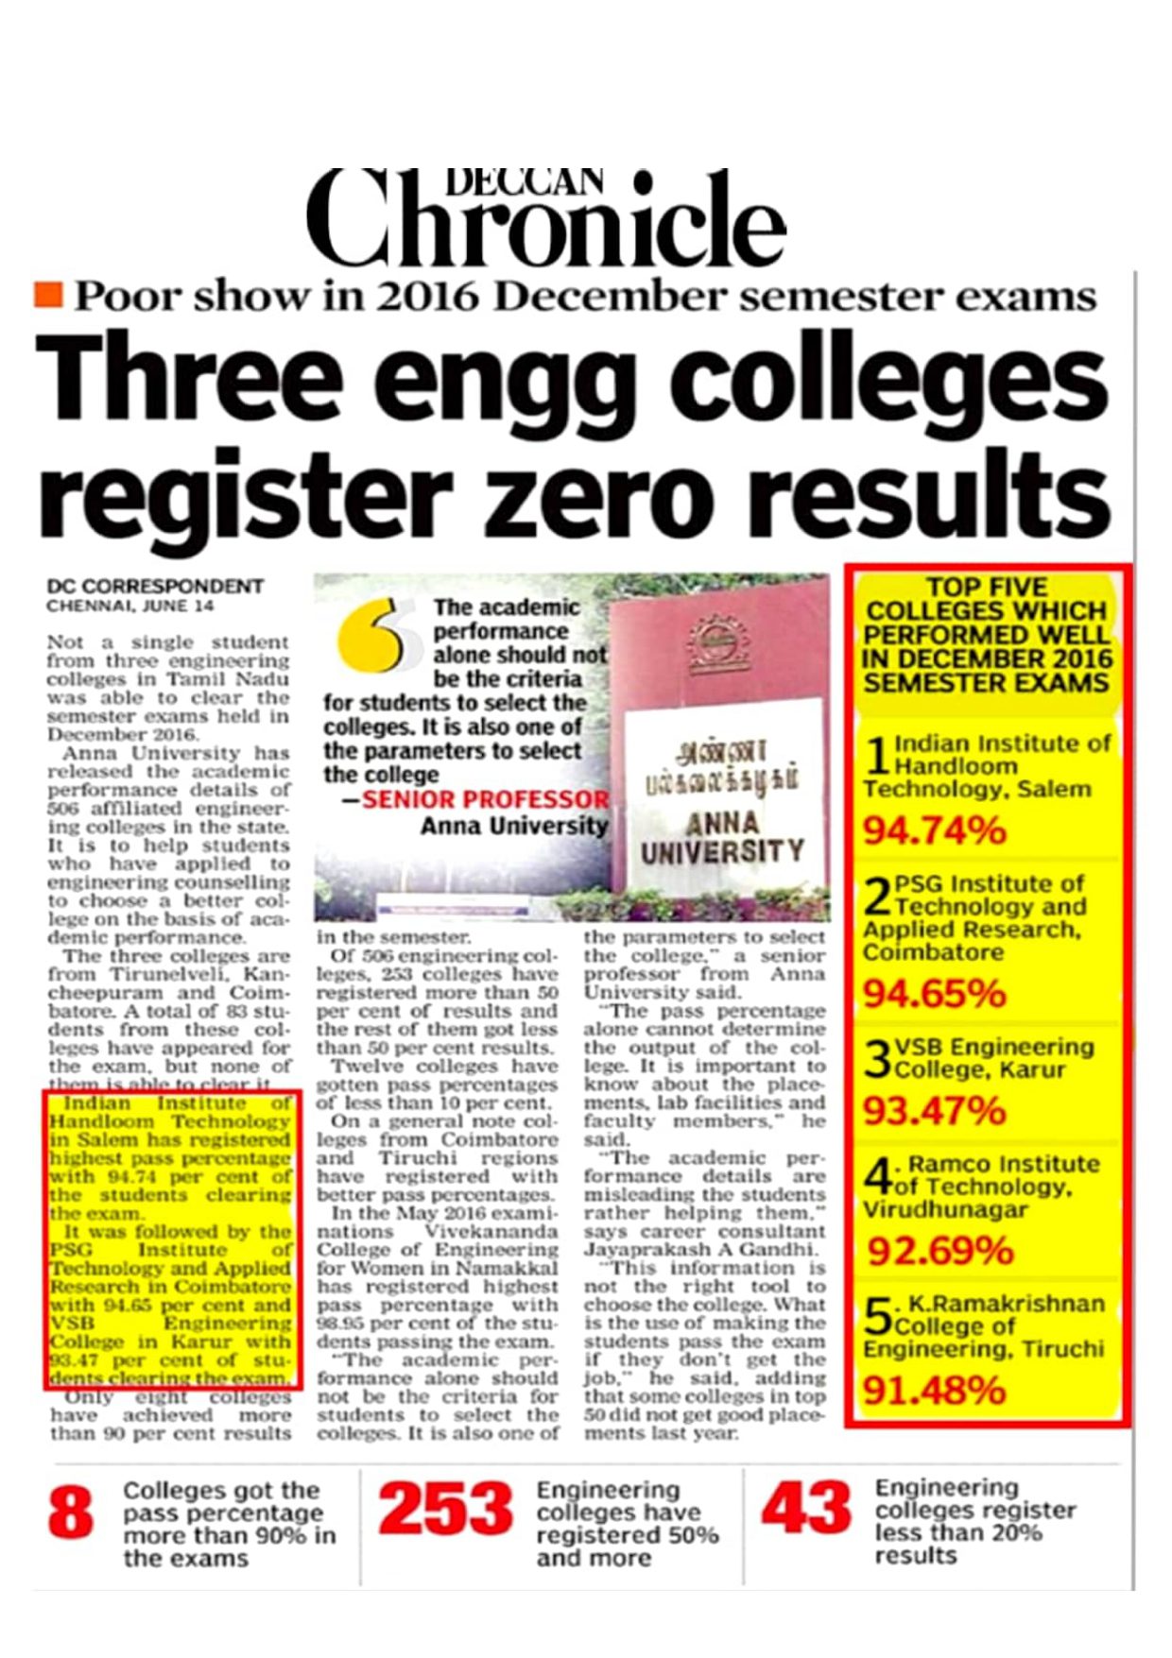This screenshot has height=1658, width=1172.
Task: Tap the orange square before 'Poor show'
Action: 47,295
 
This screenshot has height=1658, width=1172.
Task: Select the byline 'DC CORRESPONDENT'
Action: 155,586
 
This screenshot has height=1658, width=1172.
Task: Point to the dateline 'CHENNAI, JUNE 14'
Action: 130,606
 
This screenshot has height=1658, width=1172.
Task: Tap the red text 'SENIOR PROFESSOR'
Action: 486,799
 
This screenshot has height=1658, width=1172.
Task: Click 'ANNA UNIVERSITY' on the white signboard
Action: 721,837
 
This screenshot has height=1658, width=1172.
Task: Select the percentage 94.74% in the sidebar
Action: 934,831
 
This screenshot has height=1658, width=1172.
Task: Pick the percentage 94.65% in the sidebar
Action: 934,993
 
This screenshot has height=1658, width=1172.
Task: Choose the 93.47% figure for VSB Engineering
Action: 934,1110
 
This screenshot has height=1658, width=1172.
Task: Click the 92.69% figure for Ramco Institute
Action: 939,1251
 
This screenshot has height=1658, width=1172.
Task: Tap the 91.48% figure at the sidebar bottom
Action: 934,1390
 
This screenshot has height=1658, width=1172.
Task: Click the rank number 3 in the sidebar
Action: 878,1059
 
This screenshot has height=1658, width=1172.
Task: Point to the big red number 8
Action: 71,1513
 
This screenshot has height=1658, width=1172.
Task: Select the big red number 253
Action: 445,1509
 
